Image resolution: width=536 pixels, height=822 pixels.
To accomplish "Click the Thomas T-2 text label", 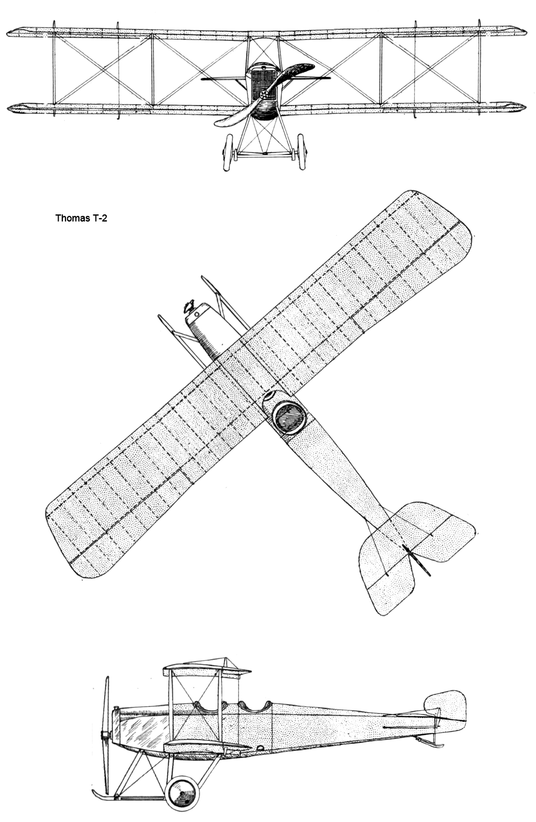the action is click(x=81, y=219).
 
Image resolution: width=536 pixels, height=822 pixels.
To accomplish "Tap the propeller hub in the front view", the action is click(x=264, y=94).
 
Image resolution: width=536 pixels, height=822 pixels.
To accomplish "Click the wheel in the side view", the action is click(x=182, y=790).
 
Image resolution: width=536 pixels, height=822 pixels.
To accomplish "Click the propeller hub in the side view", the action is click(x=106, y=735).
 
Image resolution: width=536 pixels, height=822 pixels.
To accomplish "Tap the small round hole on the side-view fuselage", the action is click(x=260, y=747).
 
